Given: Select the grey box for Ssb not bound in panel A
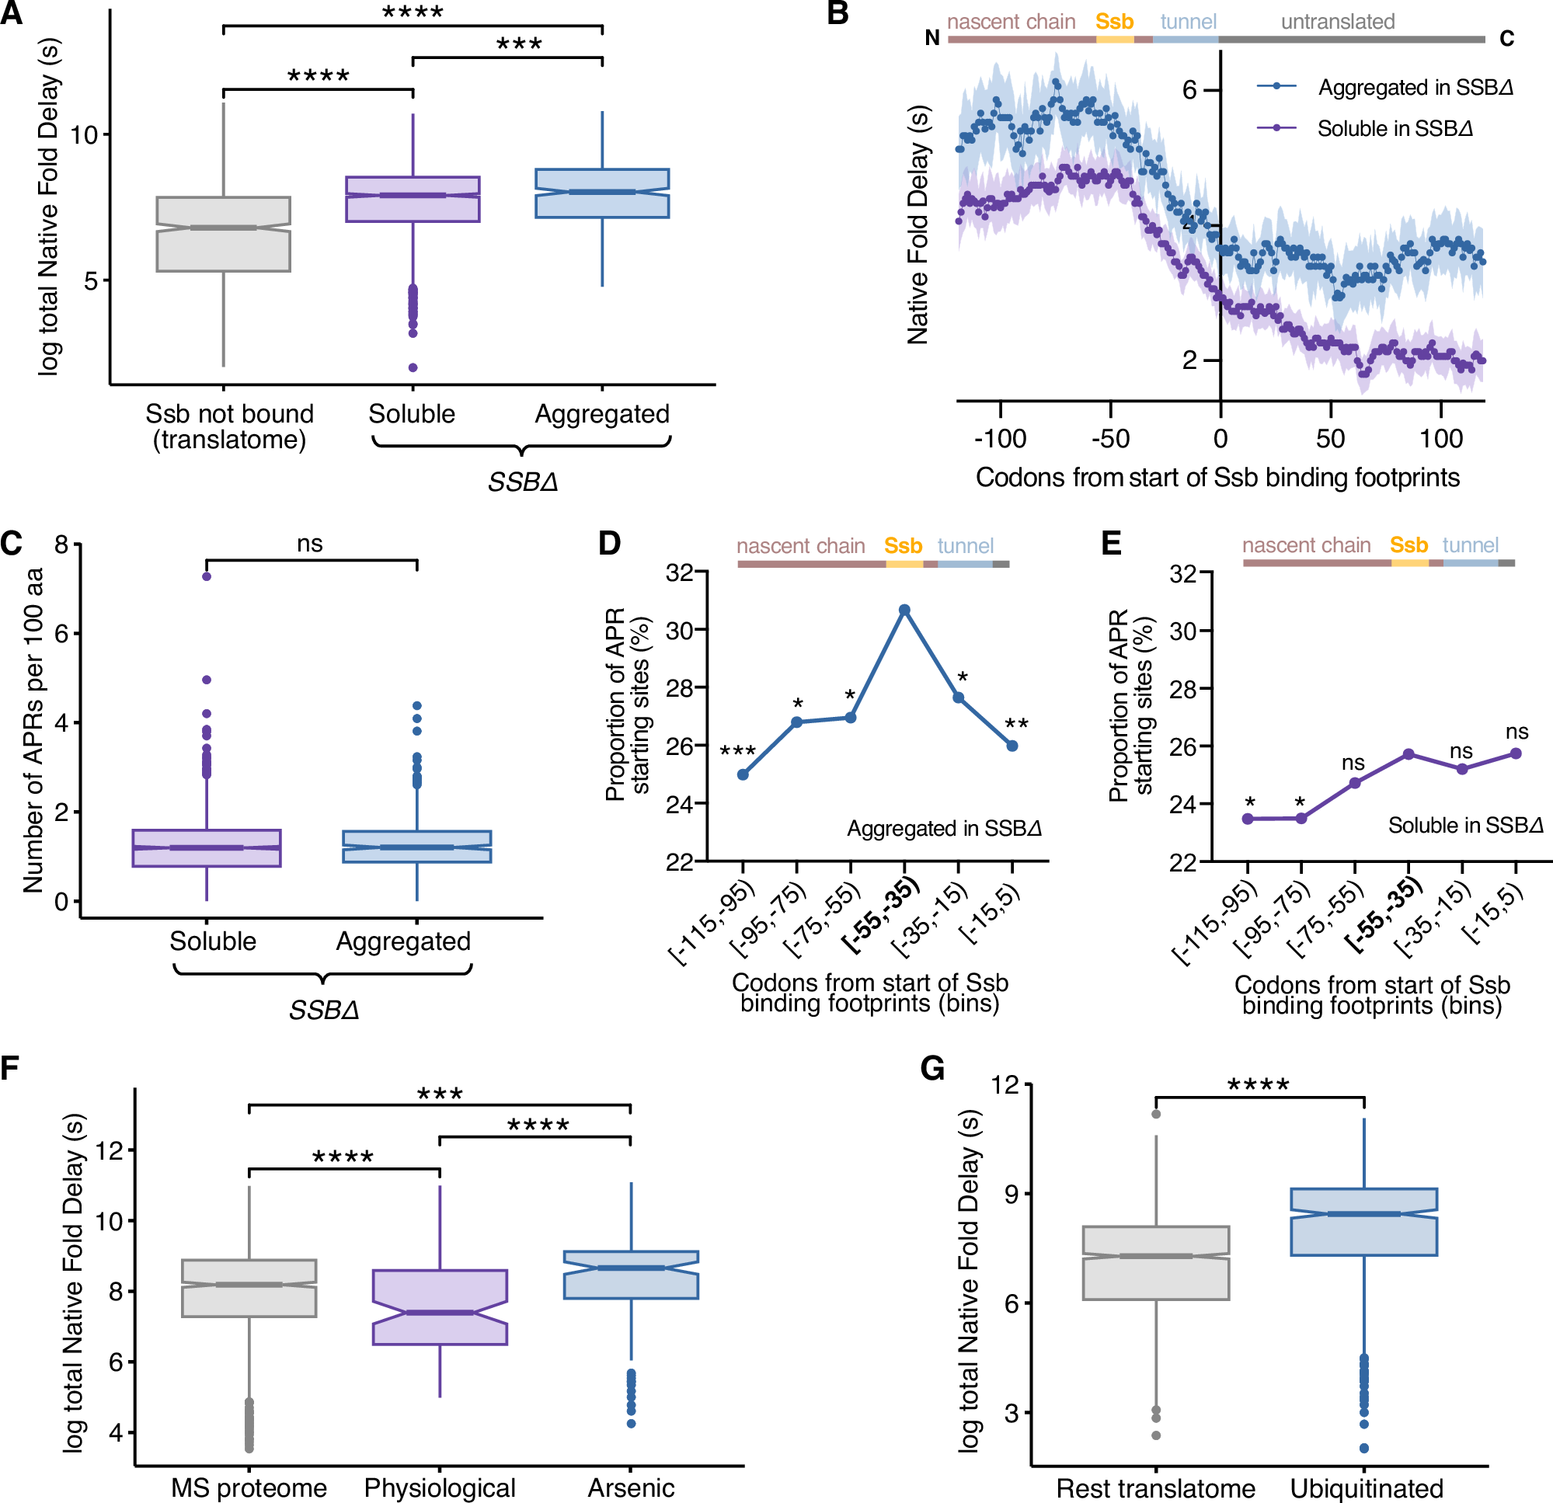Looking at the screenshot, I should click(x=224, y=234).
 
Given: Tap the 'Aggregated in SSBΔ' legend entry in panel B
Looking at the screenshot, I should click(x=1415, y=87).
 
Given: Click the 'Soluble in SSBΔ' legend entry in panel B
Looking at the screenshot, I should click(x=1395, y=128).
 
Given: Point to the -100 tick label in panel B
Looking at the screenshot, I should click(x=1000, y=438).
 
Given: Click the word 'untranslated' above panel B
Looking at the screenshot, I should click(x=1338, y=22).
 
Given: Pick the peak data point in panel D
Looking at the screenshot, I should click(x=904, y=609).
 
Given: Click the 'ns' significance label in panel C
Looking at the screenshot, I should click(x=310, y=544).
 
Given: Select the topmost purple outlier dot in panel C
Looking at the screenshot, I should click(x=207, y=576).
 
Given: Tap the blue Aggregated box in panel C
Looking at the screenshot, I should click(x=416, y=846).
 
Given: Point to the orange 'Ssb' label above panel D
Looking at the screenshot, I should click(x=903, y=546).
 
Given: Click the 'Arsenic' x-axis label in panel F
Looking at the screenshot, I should click(x=631, y=1487).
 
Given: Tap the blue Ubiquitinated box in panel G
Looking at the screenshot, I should click(x=1363, y=1222).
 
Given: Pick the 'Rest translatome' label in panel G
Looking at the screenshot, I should click(x=1155, y=1488).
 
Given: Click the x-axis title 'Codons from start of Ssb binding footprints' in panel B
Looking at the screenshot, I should click(x=1217, y=478).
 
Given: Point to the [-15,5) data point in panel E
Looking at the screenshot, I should click(x=1516, y=753).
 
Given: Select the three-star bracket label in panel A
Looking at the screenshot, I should click(x=519, y=44).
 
